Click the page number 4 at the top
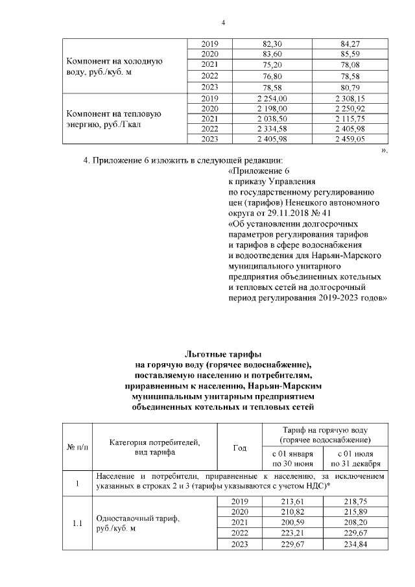(x=223, y=24)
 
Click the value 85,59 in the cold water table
(x=350, y=53)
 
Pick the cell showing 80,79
(x=350, y=86)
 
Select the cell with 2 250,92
(x=350, y=108)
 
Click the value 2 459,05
(x=350, y=139)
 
